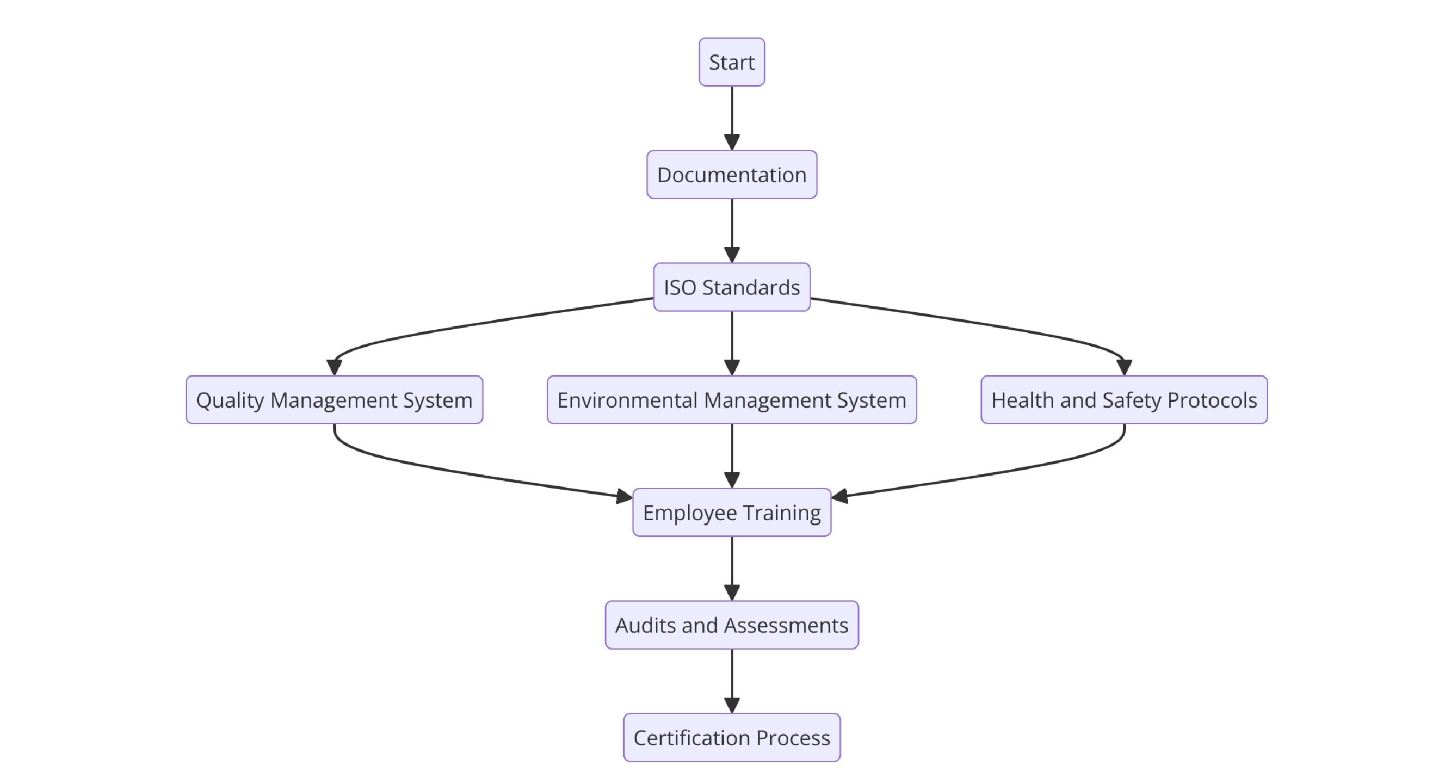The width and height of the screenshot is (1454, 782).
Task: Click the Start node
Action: [x=731, y=62]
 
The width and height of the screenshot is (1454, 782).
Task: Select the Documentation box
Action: [x=731, y=175]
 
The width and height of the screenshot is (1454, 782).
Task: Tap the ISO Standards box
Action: [x=731, y=287]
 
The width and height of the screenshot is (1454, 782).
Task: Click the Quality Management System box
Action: [x=334, y=399]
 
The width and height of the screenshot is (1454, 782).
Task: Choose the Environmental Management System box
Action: [x=731, y=399]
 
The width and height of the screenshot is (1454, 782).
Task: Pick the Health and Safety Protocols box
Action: [x=1124, y=399]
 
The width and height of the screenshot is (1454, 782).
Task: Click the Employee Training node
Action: [x=731, y=513]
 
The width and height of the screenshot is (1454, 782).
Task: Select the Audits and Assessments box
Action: [x=731, y=625]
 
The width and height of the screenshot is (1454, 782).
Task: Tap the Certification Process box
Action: [x=731, y=737]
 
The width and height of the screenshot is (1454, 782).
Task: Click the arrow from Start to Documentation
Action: [x=731, y=117]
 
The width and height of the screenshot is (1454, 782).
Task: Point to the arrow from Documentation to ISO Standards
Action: [x=731, y=230]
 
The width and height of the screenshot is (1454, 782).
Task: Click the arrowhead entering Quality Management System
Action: [x=334, y=367]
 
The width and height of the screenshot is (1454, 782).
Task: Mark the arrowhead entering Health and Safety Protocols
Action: [x=1124, y=367]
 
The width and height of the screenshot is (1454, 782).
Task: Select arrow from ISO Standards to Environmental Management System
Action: [x=731, y=342]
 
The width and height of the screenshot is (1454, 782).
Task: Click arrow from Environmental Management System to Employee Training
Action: [x=731, y=455]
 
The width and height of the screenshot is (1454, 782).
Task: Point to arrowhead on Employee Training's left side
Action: [x=624, y=497]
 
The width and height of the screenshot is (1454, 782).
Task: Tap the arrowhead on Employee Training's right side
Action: [x=840, y=497]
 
